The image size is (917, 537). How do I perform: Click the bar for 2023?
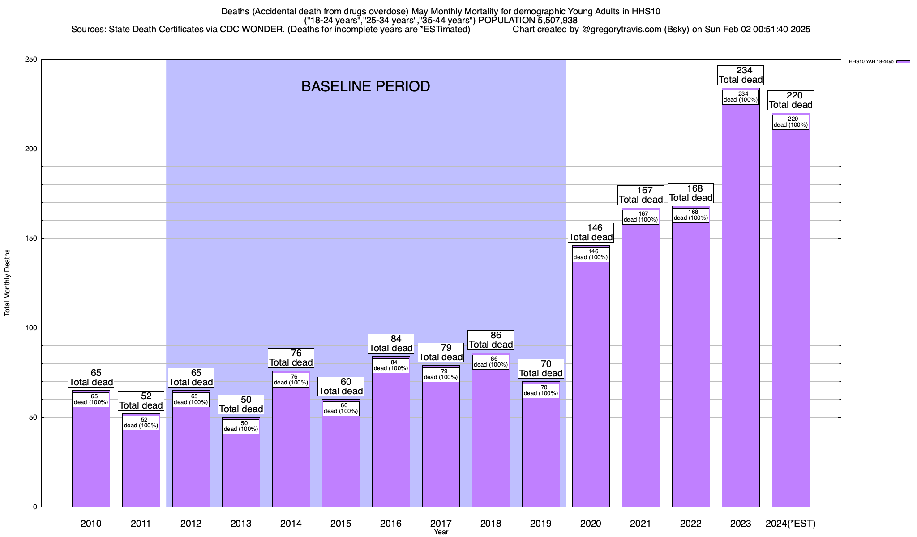tap(741, 313)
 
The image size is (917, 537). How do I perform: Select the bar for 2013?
tap(241, 470)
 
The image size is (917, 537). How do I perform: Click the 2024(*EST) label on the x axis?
tap(791, 523)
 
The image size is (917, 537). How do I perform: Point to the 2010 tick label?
tap(91, 523)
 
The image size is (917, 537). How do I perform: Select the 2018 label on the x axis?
tap(491, 523)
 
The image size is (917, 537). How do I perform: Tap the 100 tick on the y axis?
tap(31, 328)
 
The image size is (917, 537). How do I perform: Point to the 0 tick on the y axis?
tap(35, 507)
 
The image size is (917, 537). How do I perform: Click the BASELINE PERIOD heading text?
tap(365, 86)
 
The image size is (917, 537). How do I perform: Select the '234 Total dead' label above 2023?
tap(741, 75)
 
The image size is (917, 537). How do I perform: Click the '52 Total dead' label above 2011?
tap(141, 401)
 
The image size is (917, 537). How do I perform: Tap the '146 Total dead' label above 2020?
tap(591, 233)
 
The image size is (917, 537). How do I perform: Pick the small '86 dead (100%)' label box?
tap(491, 362)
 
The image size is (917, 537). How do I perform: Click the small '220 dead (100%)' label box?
tap(791, 122)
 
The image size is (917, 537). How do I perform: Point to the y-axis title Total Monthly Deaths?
tap(7, 283)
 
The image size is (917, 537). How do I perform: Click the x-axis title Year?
tap(441, 532)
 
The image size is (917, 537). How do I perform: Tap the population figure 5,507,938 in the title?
tap(551, 20)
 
